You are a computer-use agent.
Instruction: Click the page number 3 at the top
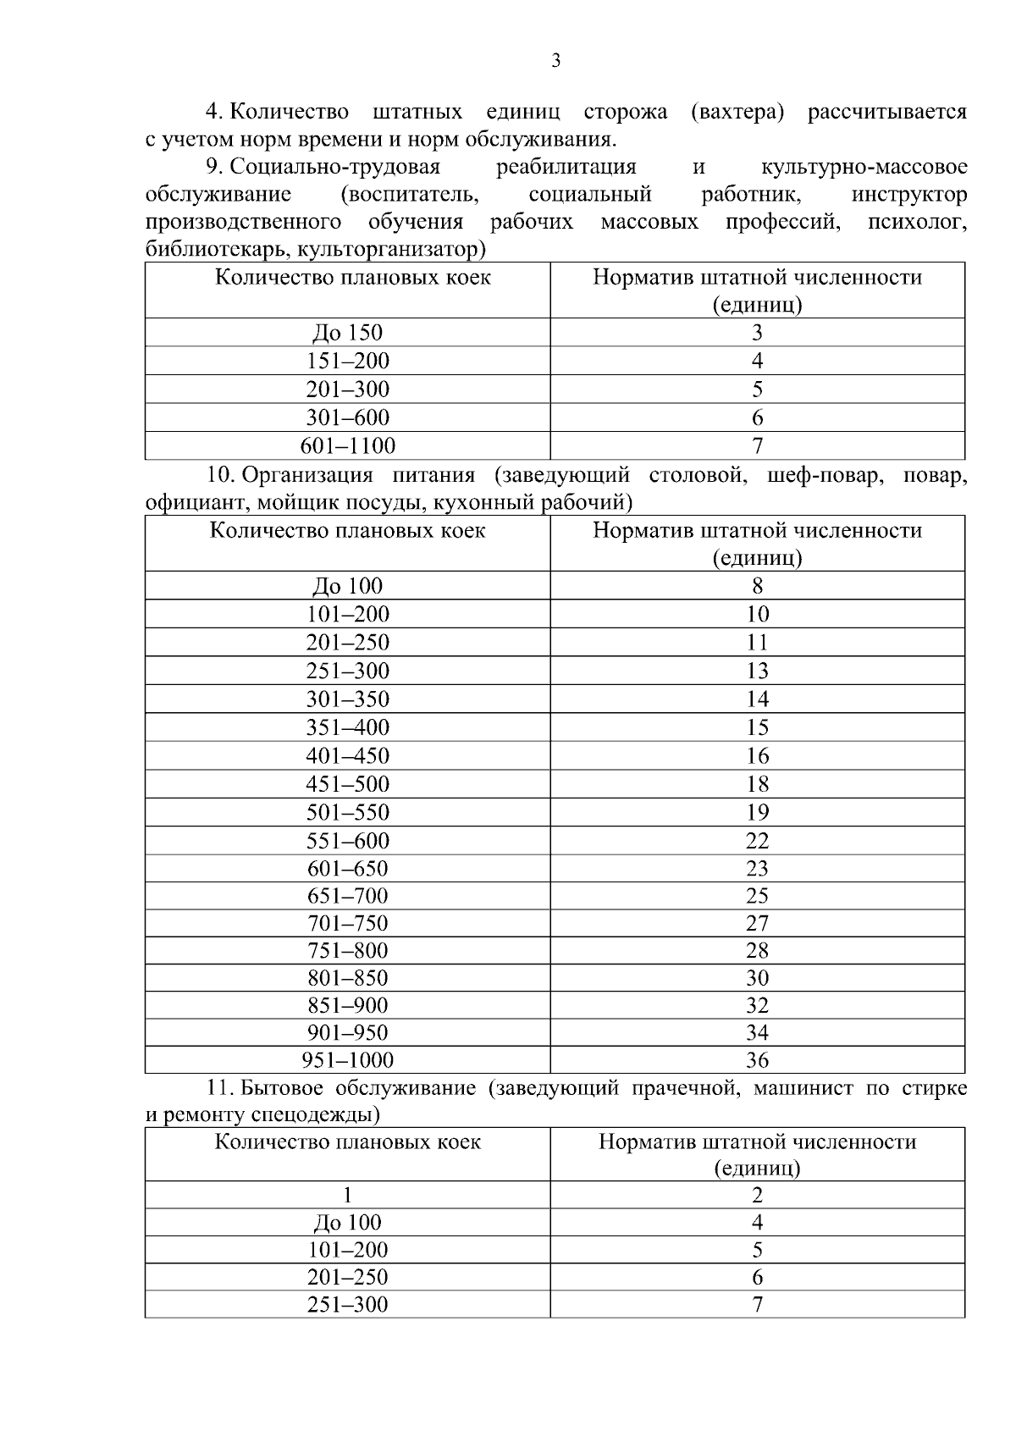pos(555,61)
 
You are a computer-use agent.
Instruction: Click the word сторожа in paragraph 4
pos(625,112)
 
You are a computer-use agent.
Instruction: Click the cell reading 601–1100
pos(348,445)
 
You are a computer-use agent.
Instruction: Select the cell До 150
pos(348,333)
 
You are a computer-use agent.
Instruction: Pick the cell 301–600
pos(348,417)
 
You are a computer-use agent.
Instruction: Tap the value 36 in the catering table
pos(757,1059)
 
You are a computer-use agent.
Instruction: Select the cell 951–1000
pos(348,1059)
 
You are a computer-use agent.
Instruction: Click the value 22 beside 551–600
pos(757,840)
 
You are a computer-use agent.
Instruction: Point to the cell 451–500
pos(348,783)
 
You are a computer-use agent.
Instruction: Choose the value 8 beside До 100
pos(757,585)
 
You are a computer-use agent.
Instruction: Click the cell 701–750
pos(348,922)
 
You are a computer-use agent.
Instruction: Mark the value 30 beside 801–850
pos(757,977)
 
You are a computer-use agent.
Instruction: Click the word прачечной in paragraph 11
pos(683,1087)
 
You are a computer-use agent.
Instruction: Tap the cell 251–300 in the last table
pos(348,1304)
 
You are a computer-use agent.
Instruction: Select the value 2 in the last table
pos(757,1195)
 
